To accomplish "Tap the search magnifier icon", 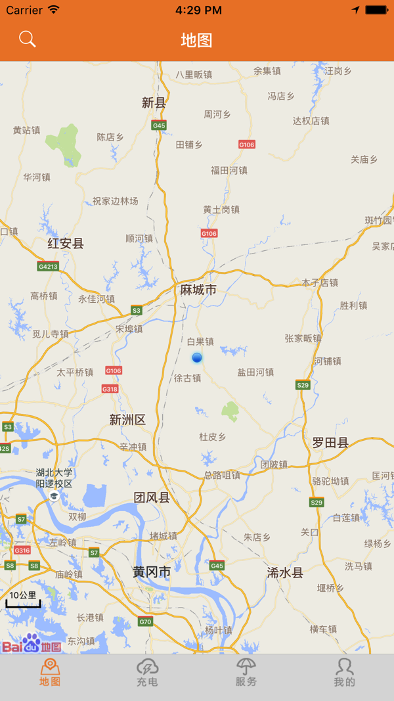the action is tap(27, 39).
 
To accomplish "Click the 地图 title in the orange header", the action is tap(196, 40).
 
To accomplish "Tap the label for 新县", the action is tap(154, 102).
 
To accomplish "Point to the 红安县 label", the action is tap(66, 244).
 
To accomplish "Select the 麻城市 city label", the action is tap(198, 290).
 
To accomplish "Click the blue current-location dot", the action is tap(197, 357).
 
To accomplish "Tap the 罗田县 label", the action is tap(330, 443).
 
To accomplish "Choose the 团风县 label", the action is tap(152, 497).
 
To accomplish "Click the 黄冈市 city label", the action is tap(152, 572).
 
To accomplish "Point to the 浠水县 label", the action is tap(286, 573).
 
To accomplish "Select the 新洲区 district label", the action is tap(127, 420).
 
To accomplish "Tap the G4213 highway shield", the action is tap(48, 266).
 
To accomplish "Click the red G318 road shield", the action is tap(110, 389).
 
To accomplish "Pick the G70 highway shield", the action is tap(145, 622).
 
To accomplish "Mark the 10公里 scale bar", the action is tap(23, 599).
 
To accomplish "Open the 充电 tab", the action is tap(147, 673).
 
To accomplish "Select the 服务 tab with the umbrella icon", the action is tap(246, 673).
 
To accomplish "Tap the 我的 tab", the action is tap(344, 673).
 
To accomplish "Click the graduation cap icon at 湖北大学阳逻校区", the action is tap(54, 497).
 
